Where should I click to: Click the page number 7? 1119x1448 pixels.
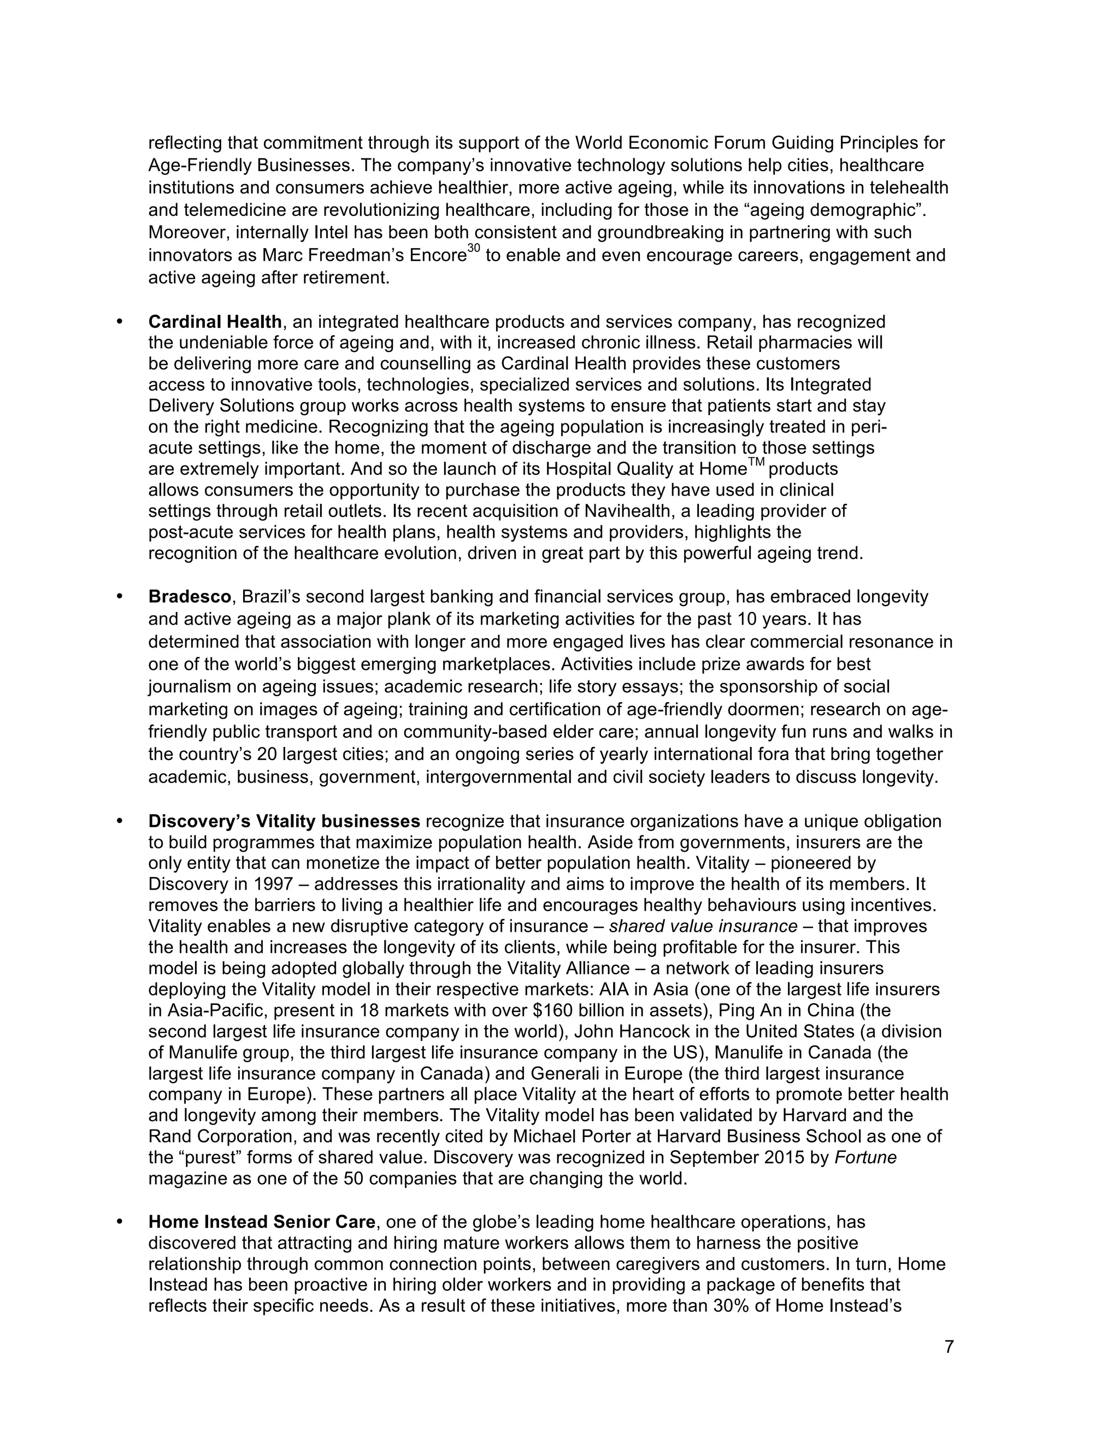click(x=949, y=1346)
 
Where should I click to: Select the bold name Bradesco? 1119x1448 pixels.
click(x=189, y=597)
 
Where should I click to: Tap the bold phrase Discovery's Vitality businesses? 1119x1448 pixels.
click(x=284, y=821)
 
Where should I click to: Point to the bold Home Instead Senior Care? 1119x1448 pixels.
click(x=262, y=1221)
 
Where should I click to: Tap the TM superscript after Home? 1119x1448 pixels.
click(x=756, y=463)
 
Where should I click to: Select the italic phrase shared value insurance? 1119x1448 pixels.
click(x=703, y=926)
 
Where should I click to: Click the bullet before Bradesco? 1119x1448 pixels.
click(x=120, y=596)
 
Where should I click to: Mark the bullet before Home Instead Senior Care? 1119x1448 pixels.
click(x=120, y=1221)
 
